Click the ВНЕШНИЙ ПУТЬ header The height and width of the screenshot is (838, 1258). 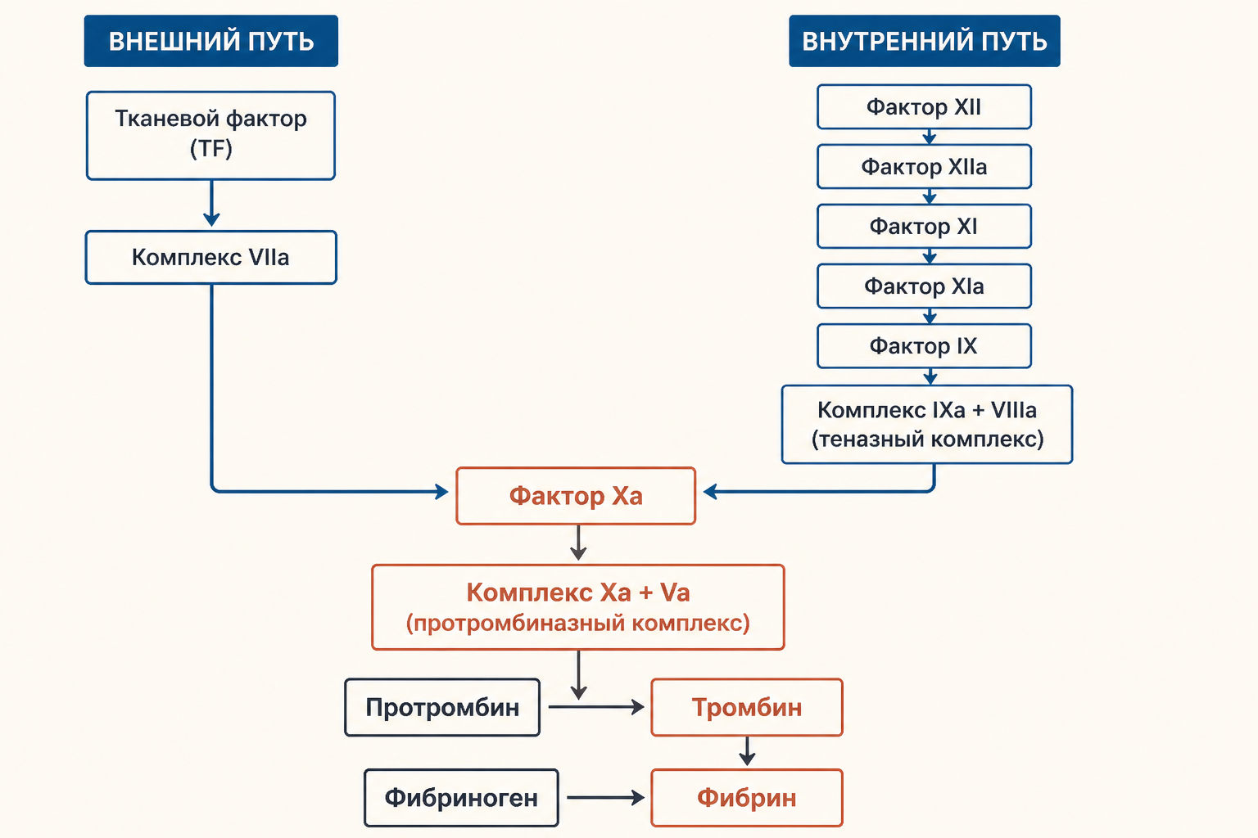[x=211, y=41]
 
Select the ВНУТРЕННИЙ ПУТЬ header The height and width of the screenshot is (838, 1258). [x=925, y=41]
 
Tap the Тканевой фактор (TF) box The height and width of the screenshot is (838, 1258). [x=210, y=135]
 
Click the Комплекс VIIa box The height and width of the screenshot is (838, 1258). [x=210, y=257]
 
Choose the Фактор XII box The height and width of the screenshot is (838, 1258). [x=924, y=106]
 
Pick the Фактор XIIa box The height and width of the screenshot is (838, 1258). [x=924, y=167]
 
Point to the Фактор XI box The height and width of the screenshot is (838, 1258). [x=924, y=226]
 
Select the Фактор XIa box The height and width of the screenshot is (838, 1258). [x=924, y=286]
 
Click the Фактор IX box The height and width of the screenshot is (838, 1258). [x=924, y=345]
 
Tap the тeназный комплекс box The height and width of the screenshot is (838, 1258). [x=926, y=425]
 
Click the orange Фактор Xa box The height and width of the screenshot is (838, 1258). [x=576, y=496]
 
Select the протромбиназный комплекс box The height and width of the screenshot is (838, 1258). [x=578, y=607]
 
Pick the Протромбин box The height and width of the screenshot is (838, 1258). [x=442, y=707]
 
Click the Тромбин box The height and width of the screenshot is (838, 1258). [x=747, y=707]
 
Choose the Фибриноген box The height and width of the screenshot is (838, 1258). [x=461, y=798]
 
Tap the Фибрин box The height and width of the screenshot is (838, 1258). [x=747, y=798]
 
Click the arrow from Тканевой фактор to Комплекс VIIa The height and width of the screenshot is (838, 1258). [x=211, y=203]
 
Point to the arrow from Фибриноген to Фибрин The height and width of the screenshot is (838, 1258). [x=605, y=798]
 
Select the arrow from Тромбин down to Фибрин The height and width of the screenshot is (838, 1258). [x=747, y=751]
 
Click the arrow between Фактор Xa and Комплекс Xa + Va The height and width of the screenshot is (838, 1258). [x=578, y=543]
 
